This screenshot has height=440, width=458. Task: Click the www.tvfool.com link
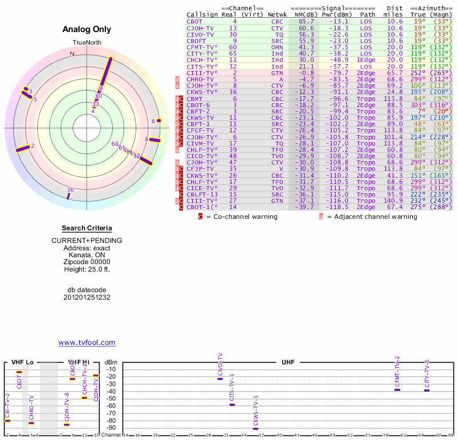pos(86,343)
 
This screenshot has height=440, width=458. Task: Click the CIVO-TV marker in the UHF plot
pos(220,379)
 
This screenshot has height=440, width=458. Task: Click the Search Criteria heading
pos(87,228)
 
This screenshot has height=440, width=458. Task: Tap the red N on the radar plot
pos(72,54)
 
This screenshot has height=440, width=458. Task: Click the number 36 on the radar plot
pos(70,190)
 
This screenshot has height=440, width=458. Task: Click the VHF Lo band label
pos(23,363)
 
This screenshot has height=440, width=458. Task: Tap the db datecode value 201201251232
pos(87,297)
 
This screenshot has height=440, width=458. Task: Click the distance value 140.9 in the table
pos(393,201)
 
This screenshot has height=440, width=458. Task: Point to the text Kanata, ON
pos(87,254)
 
